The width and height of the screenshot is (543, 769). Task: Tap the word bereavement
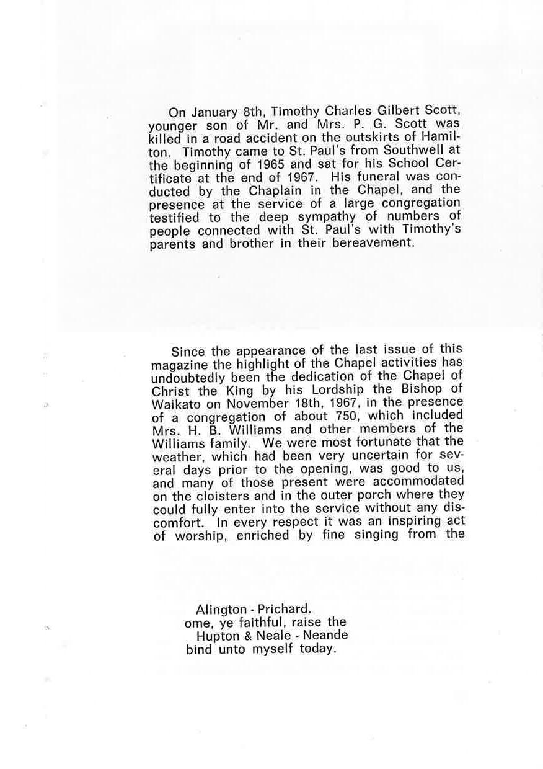[373, 242]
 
